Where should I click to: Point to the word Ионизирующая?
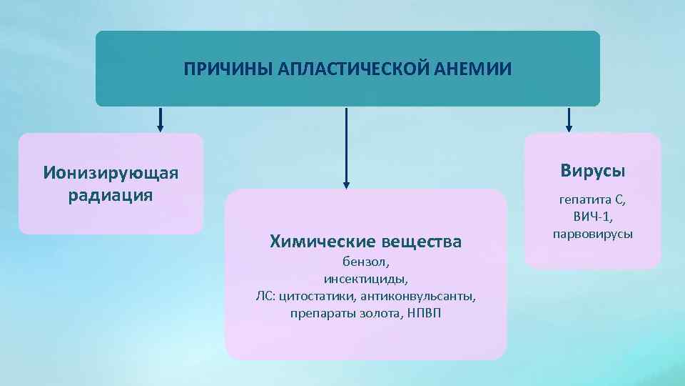coord(111,173)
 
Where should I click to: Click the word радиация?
coord(111,195)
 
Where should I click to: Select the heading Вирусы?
coord(592,171)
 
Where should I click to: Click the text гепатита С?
coord(592,201)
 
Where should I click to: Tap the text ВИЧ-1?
coord(592,217)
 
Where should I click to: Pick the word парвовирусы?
coord(592,234)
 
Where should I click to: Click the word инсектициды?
coord(365,279)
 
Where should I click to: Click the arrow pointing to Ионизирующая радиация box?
coord(160,119)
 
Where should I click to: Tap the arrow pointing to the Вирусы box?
coord(569,119)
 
